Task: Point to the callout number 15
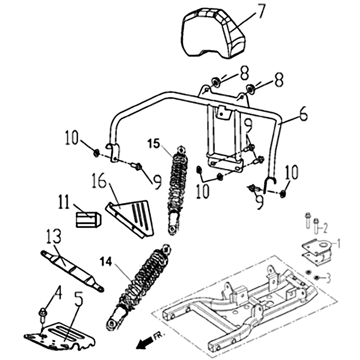[x=153, y=144]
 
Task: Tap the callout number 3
[x=328, y=278]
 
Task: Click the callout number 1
[x=338, y=243]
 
